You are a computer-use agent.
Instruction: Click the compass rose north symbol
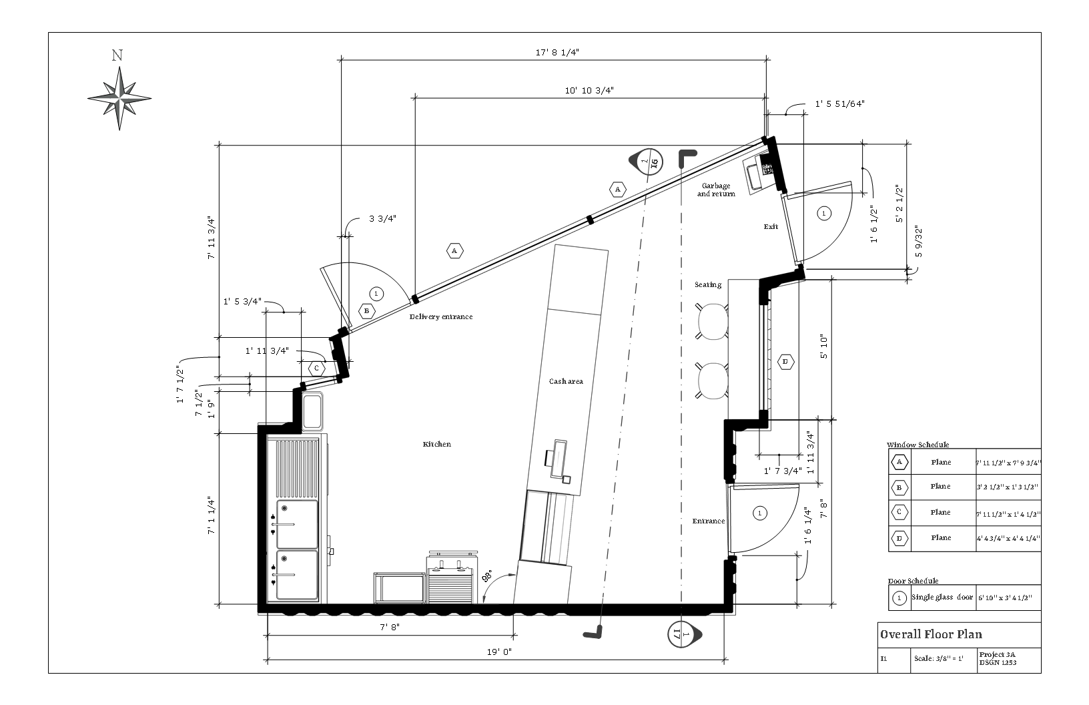point(119,97)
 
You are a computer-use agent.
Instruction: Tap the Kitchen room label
point(437,445)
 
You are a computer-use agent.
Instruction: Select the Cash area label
point(566,382)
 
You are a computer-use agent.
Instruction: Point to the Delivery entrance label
point(441,317)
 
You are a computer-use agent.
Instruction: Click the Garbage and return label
point(716,190)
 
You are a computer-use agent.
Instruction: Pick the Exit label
point(771,227)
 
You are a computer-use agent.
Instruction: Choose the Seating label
point(708,285)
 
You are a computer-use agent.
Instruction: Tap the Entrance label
point(708,521)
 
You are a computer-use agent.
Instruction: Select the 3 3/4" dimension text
point(382,218)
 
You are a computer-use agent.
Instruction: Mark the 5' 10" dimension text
point(825,347)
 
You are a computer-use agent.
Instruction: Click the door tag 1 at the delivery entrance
point(376,293)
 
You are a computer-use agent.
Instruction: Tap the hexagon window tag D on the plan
point(785,362)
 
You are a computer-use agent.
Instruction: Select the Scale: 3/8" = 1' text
point(938,658)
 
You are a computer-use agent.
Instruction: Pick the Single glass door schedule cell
point(942,597)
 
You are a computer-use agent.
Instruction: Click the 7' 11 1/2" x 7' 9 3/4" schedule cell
point(1008,462)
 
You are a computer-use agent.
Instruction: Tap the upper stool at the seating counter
point(712,320)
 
